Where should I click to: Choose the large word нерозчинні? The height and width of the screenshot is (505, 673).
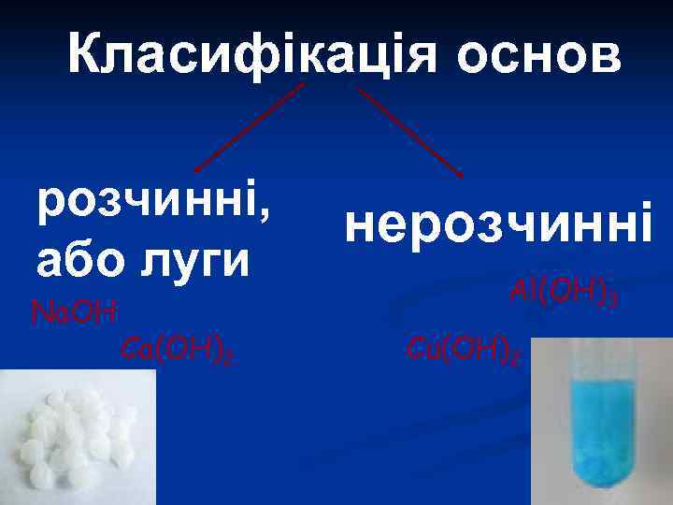pyautogui.click(x=494, y=224)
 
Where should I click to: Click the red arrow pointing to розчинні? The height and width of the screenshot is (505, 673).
pyautogui.click(x=248, y=126)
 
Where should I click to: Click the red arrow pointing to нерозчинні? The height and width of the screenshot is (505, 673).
pyautogui.click(x=411, y=131)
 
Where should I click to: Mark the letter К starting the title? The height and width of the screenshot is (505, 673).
pyautogui.click(x=87, y=56)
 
